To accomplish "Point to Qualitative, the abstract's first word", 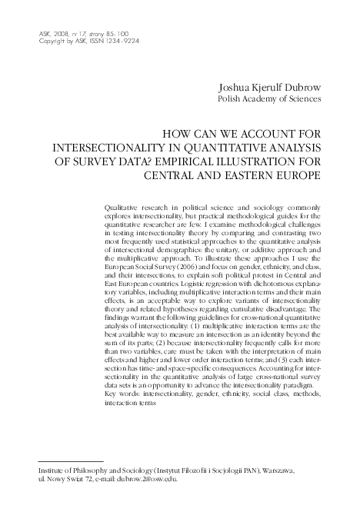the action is tap(120, 207).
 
